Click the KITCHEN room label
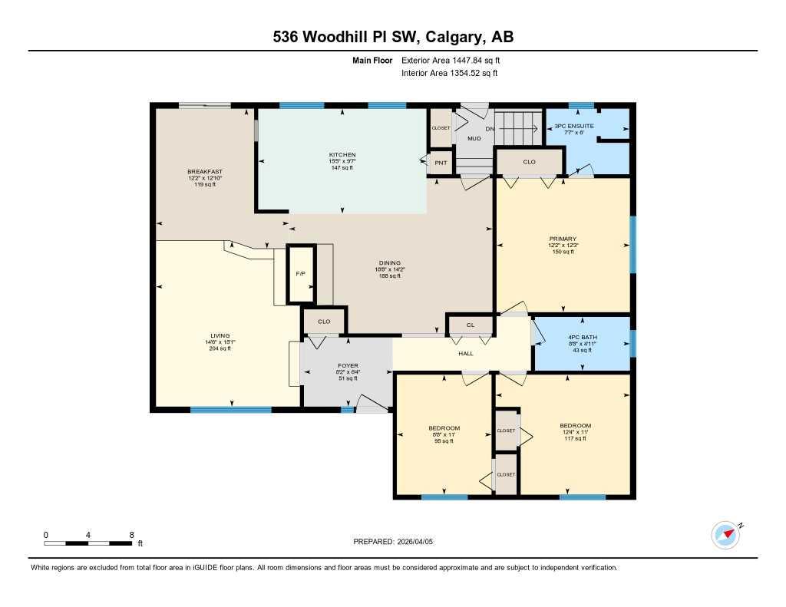[x=342, y=155]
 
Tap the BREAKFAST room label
[x=204, y=171]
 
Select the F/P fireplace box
[x=301, y=274]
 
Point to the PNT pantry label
[x=441, y=163]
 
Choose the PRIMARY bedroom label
[x=562, y=239]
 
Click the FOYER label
[x=348, y=365]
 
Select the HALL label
[x=465, y=354]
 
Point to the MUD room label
[x=474, y=139]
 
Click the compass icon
[x=725, y=535]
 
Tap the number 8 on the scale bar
[x=131, y=534]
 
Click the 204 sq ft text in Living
[x=220, y=348]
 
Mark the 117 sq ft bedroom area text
[x=575, y=438]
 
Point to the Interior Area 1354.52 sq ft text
[x=449, y=74]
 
